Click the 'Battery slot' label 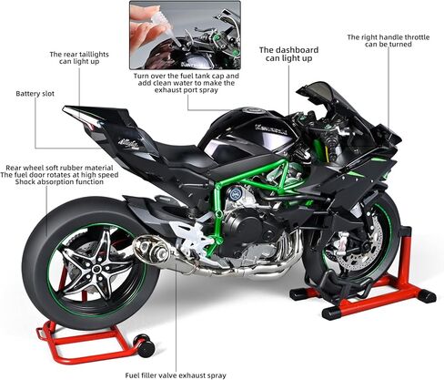[35, 94]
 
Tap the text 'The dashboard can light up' [288, 54]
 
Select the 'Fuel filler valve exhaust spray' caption [176, 375]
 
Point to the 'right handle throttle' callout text [388, 41]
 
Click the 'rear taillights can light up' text [79, 57]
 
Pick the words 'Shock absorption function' [59, 182]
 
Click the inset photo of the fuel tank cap [185, 35]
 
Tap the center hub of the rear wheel [97, 269]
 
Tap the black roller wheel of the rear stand [146, 345]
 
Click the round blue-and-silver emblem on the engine [235, 193]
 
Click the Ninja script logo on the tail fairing [129, 142]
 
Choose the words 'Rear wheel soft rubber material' [59, 168]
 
